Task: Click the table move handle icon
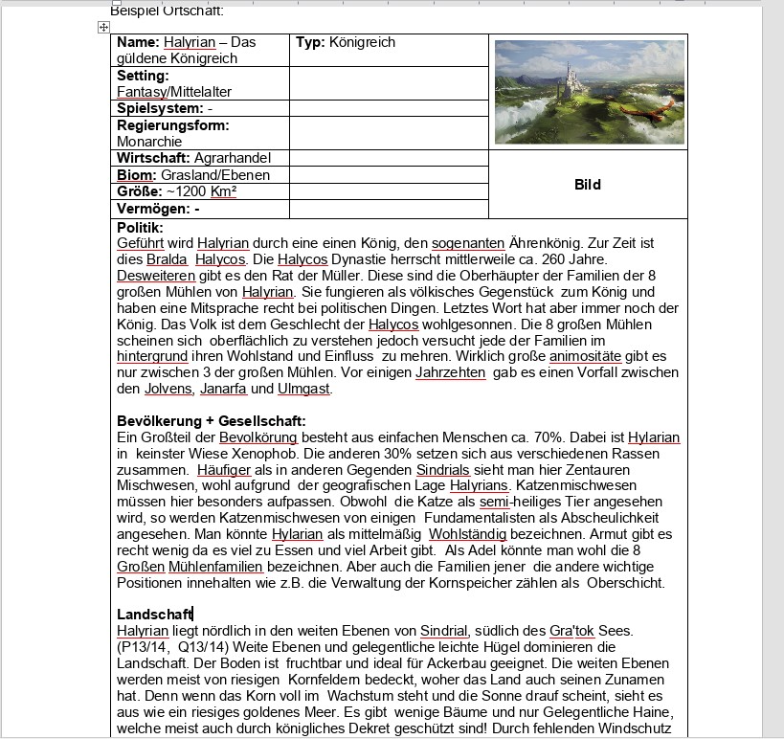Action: [x=103, y=28]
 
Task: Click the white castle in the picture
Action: [x=572, y=72]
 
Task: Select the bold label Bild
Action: [x=588, y=185]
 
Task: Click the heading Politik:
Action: [x=140, y=228]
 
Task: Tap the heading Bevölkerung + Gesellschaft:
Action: [x=212, y=421]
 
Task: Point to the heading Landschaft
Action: [x=154, y=614]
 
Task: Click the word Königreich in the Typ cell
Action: [x=362, y=42]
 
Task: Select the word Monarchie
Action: [x=149, y=141]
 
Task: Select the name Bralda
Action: [x=167, y=259]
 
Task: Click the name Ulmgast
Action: [x=304, y=389]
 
